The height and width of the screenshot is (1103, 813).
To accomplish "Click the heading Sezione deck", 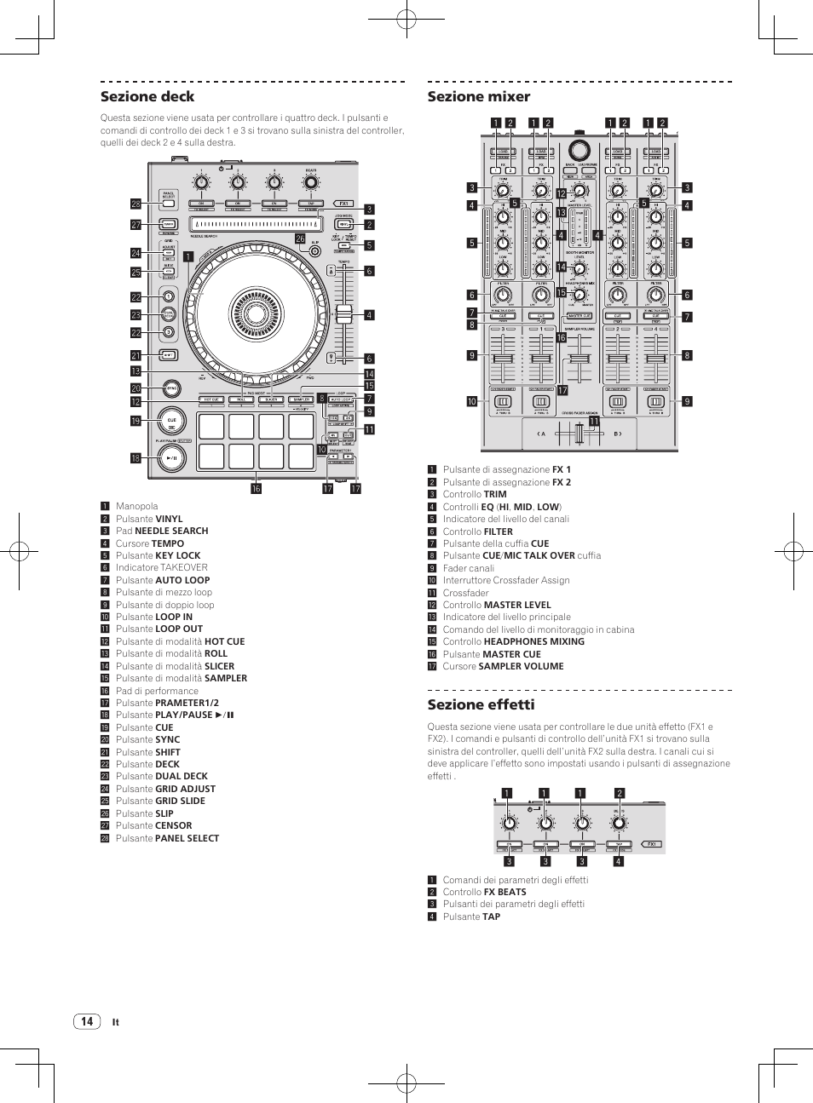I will pos(147,96).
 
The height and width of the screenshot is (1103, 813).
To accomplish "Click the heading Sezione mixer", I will pos(478,96).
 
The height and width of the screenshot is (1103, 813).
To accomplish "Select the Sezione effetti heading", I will pos(481,704).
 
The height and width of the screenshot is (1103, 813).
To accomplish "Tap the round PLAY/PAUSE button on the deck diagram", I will pos(172,457).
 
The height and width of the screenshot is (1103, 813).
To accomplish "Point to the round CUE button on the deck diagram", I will pos(171,422).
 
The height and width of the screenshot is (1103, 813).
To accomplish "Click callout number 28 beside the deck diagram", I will pos(135,204).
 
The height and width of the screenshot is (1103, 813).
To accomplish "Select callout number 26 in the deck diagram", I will pos(300,238).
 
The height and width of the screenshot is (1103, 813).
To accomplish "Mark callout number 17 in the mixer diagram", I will pos(562,390).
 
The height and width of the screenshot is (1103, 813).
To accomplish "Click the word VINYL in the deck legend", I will pos(169,519).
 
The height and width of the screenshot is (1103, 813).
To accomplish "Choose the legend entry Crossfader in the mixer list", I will pos(465,593).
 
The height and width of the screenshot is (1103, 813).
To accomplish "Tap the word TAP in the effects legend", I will pos(492,916).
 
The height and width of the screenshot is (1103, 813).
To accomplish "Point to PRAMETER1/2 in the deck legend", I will pos(187,703).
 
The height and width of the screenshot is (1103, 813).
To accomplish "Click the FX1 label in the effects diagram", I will pos(652,844).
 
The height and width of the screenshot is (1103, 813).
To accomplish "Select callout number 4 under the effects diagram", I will pos(619,861).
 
